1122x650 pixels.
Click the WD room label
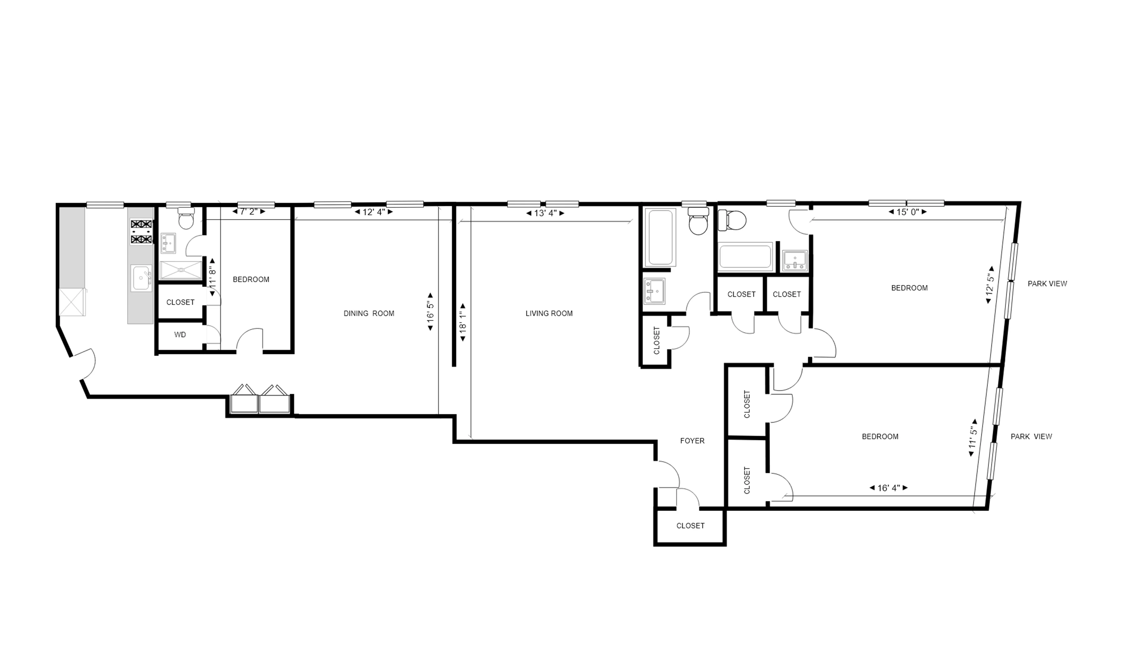[x=180, y=335]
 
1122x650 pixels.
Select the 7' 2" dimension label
[x=249, y=212]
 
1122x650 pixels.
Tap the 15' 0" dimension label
[x=907, y=212]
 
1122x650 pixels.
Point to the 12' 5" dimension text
[x=990, y=284]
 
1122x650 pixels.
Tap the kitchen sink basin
[x=141, y=278]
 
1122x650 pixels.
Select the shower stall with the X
[x=180, y=270]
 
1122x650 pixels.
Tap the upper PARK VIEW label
[x=1047, y=284]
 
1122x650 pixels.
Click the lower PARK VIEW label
[x=1031, y=437]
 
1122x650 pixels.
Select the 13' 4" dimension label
[x=545, y=213]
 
